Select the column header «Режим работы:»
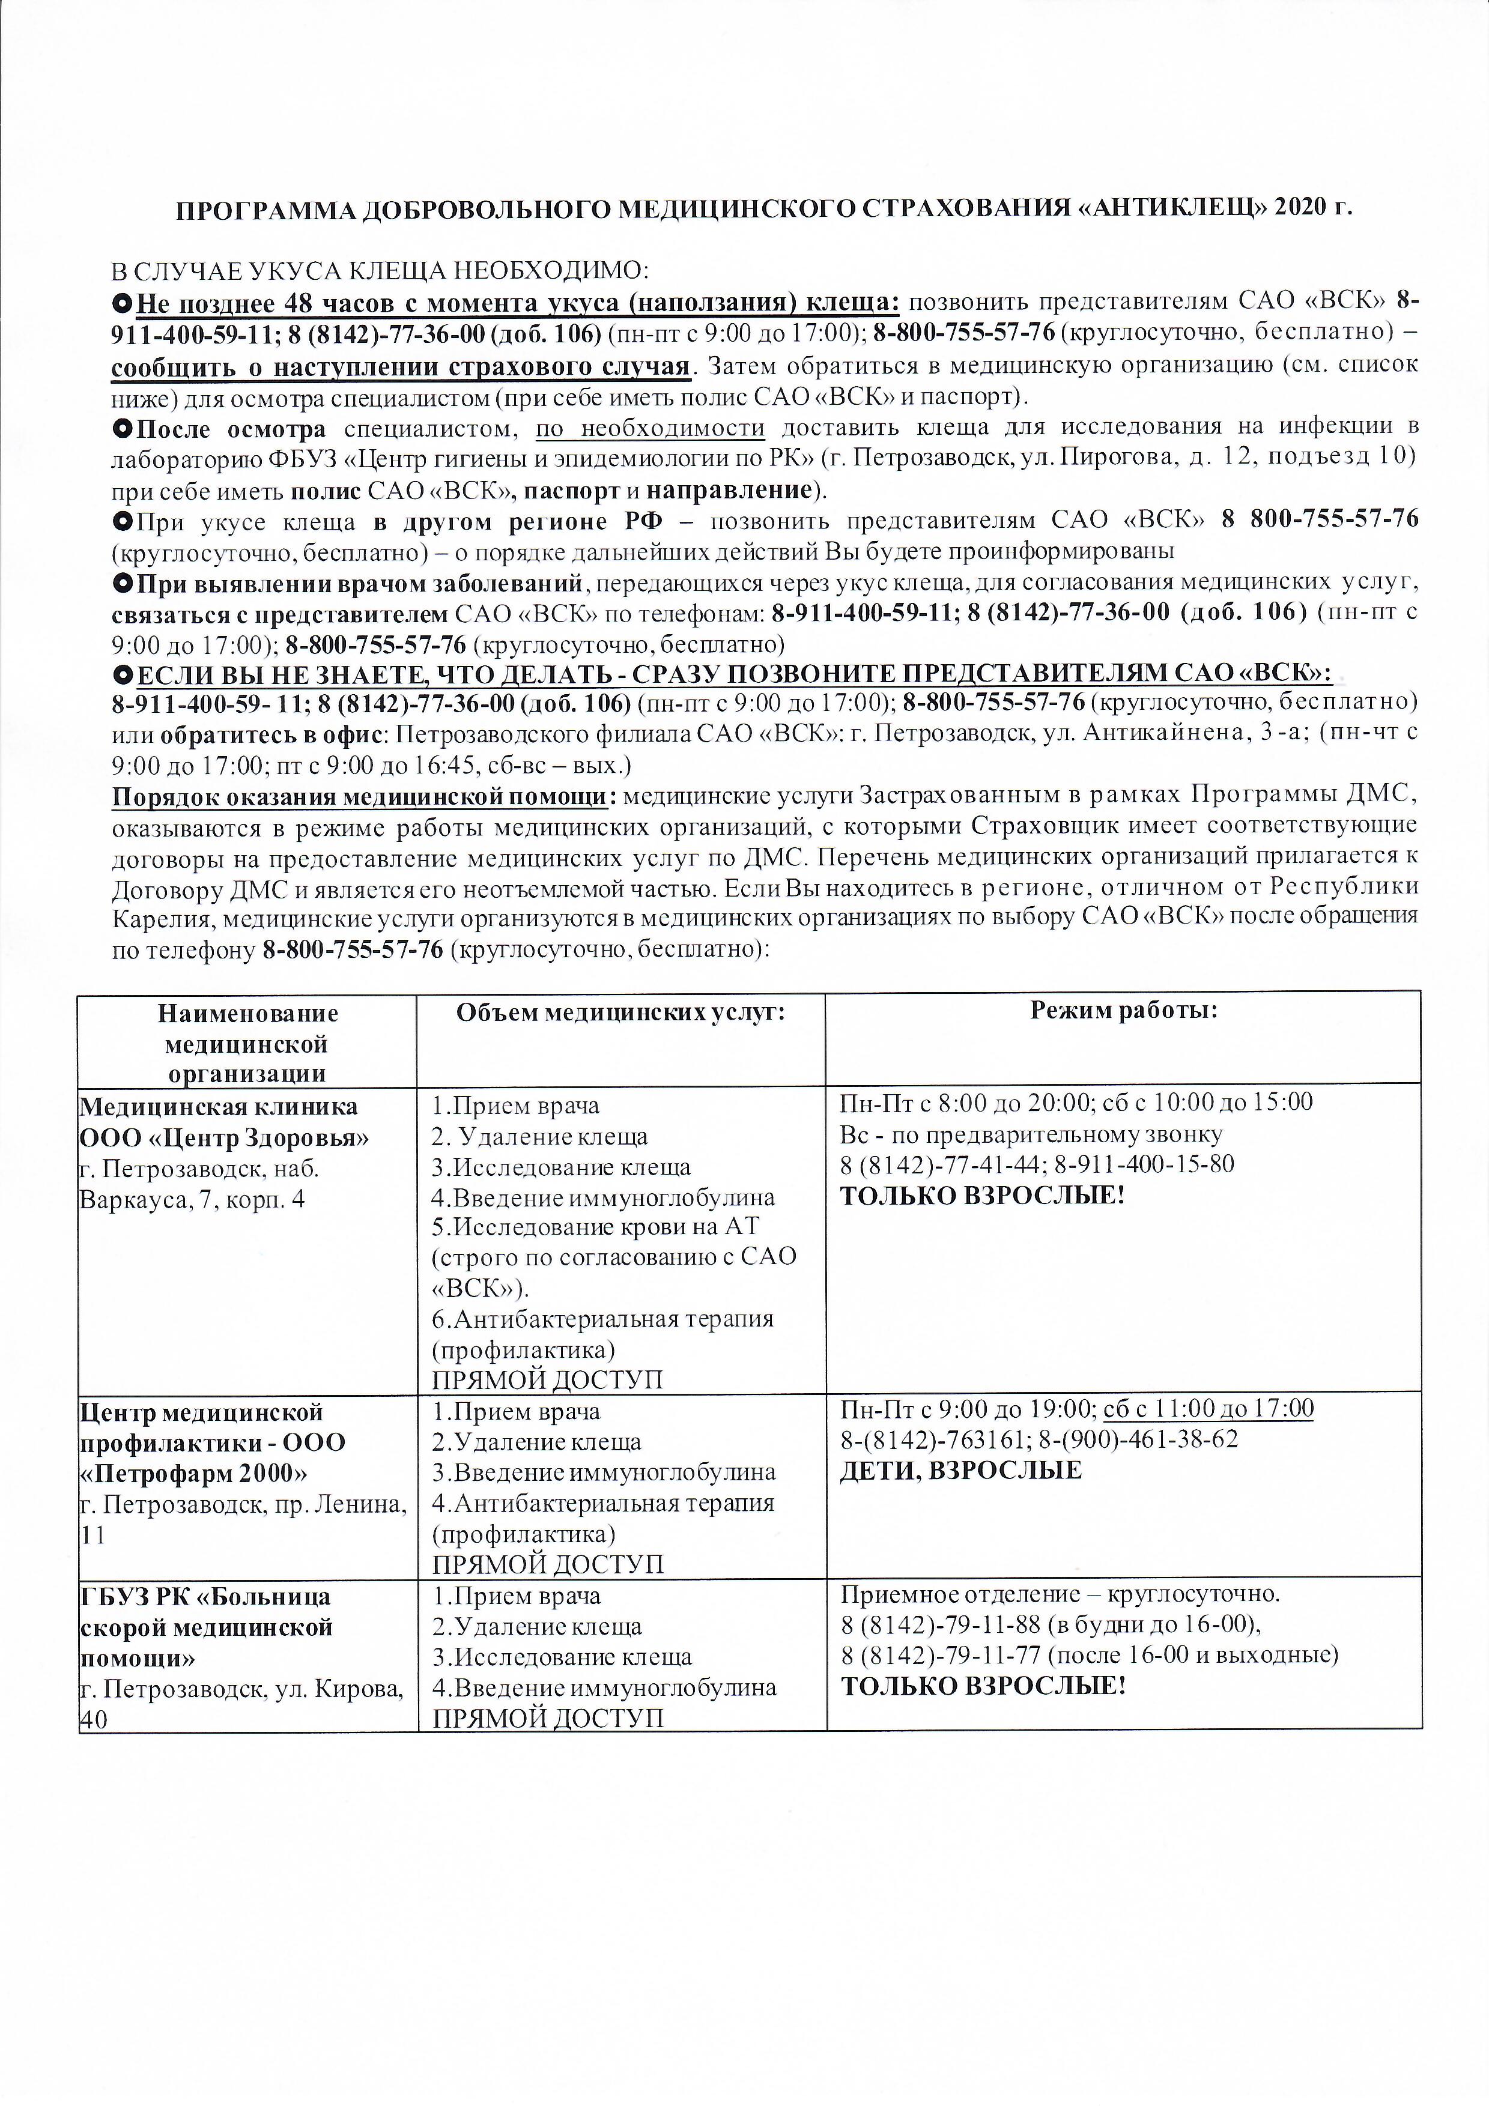(x=1124, y=1011)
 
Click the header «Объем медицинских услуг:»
(x=621, y=1011)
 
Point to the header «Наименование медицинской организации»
(x=247, y=1043)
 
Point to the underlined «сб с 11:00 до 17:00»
(x=1208, y=1409)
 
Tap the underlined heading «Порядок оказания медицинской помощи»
(x=359, y=795)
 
